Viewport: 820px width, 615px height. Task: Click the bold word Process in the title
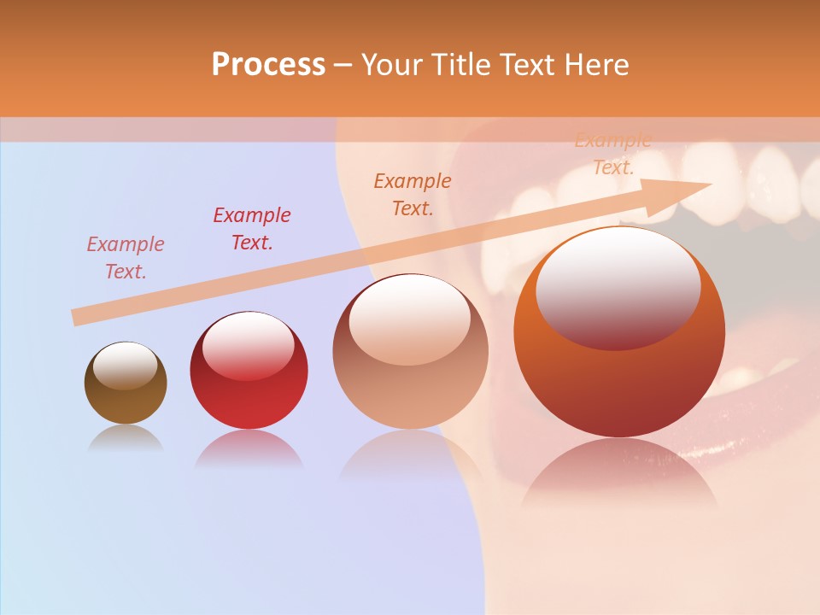click(x=268, y=65)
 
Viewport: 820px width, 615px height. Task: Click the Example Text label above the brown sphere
click(x=126, y=258)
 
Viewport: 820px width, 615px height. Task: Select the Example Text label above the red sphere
click(x=252, y=229)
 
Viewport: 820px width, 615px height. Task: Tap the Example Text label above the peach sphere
click(x=413, y=194)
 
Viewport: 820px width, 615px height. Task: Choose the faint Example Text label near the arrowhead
click(x=613, y=154)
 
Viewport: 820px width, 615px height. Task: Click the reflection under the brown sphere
click(x=126, y=438)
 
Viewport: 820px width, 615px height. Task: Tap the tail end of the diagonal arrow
click(x=77, y=318)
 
